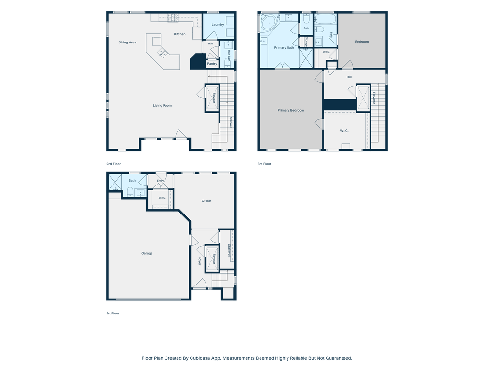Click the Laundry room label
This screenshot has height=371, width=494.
[x=218, y=25]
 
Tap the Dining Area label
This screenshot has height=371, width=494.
[x=127, y=43]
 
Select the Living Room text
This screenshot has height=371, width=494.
[x=162, y=106]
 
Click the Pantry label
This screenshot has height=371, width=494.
[x=212, y=64]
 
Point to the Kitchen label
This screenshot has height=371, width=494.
[x=179, y=34]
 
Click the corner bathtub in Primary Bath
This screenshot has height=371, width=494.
[x=269, y=23]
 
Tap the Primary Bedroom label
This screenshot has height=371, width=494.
[x=291, y=111]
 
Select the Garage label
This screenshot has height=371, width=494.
[x=147, y=253]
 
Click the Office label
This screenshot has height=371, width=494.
[x=206, y=201]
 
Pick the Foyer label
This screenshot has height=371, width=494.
[x=199, y=261]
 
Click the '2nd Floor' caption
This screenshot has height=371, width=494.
[x=113, y=164]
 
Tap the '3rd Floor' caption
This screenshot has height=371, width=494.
[x=264, y=164]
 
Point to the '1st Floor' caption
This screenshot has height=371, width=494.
[x=113, y=314]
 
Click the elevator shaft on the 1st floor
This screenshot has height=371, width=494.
[x=212, y=259]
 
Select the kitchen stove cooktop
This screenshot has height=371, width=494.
[x=173, y=18]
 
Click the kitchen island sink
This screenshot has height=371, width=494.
[x=163, y=52]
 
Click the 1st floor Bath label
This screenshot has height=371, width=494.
[x=132, y=181]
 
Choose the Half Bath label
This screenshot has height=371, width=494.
[x=229, y=55]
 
